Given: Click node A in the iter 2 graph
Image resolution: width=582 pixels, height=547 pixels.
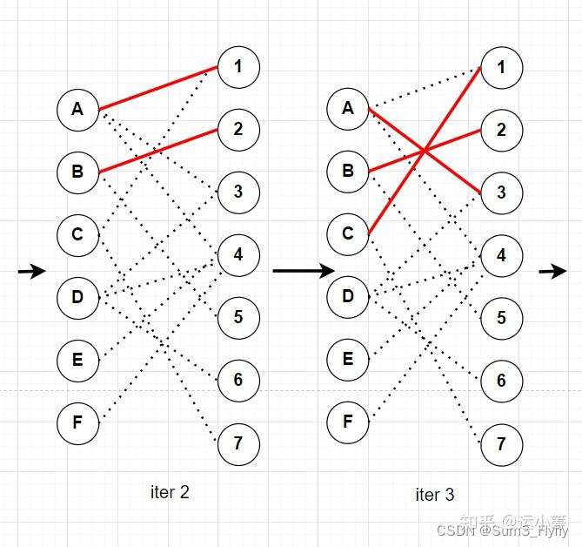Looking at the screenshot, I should point(77,110).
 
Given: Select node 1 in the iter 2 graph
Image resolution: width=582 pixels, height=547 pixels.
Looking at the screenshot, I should point(238,67).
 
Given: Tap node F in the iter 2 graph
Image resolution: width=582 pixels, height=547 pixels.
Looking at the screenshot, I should point(77,423).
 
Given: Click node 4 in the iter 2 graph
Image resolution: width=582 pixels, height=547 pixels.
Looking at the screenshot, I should point(238,255).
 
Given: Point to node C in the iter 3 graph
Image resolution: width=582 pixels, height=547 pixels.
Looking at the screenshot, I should point(348,234).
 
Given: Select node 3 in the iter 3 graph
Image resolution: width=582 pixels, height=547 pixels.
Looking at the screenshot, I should point(501,192).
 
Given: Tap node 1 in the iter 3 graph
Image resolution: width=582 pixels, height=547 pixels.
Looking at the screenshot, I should point(501,67).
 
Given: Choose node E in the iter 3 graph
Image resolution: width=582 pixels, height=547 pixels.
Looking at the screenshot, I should point(348,360).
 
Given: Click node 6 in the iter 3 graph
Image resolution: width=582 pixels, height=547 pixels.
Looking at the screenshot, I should point(501,382).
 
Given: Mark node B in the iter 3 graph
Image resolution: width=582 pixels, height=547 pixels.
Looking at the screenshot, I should point(348,172).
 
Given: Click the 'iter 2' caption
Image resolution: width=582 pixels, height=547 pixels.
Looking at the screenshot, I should point(170,492).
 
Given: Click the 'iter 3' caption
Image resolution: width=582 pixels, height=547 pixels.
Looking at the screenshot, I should point(434,495).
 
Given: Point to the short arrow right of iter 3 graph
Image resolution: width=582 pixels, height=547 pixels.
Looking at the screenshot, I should point(552,272).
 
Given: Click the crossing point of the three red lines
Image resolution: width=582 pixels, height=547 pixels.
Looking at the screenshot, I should point(424,152).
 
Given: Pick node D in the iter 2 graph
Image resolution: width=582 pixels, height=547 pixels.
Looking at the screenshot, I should point(77,298).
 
